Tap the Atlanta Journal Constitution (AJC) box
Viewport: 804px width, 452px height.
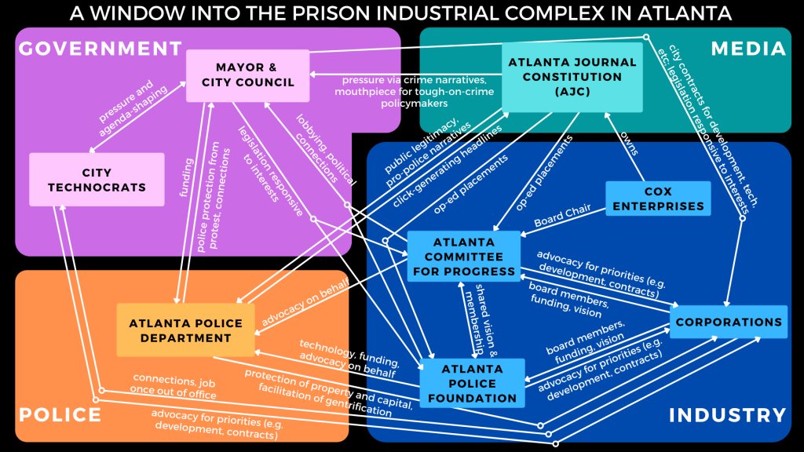pyautogui.click(x=572, y=77)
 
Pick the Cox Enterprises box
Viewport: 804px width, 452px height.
pyautogui.click(x=658, y=199)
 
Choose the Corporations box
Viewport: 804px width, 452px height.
pyautogui.click(x=729, y=322)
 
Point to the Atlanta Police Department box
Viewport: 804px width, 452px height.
pyautogui.click(x=185, y=330)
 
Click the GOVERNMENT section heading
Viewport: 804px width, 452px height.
pyautogui.click(x=99, y=49)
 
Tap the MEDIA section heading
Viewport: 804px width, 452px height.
pyautogui.click(x=747, y=49)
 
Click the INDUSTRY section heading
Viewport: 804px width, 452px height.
pyautogui.click(x=727, y=415)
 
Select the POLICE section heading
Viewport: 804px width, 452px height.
pyautogui.click(x=60, y=414)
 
